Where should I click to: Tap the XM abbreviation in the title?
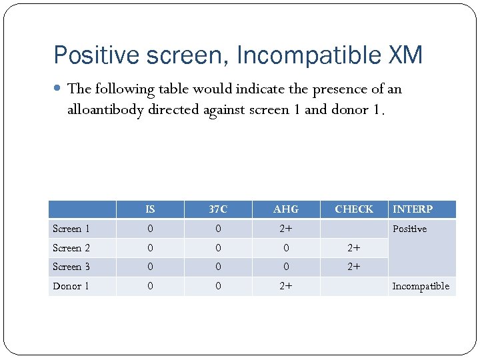point(404,55)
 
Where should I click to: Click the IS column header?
point(150,209)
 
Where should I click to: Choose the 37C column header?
point(218,209)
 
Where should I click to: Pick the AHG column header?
point(286,209)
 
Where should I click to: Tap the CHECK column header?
point(354,209)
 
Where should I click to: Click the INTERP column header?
point(413,209)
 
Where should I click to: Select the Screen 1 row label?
point(71,229)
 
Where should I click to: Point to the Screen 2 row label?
point(71,248)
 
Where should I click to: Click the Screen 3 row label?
point(71,267)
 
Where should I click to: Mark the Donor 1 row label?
point(71,286)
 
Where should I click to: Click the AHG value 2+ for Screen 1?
point(286,229)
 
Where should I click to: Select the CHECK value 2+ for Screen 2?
point(354,248)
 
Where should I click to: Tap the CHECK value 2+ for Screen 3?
point(354,267)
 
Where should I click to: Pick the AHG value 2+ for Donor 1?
point(286,286)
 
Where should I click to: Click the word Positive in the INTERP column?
point(409,229)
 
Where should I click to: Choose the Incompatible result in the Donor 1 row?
point(421,286)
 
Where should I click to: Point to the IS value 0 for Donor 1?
point(150,286)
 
